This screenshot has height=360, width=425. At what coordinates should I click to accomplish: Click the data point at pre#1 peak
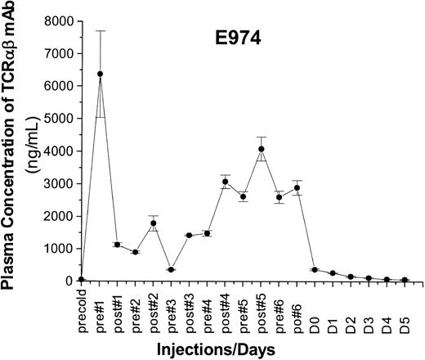(x=101, y=74)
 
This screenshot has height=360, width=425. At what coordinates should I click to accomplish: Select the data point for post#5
(x=261, y=149)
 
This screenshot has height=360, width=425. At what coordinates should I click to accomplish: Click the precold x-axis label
(x=83, y=309)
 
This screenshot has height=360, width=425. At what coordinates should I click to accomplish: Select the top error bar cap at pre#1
(x=101, y=31)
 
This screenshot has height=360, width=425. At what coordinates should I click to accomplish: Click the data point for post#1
(x=118, y=245)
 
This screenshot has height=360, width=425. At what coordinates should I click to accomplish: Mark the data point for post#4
(x=225, y=182)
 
